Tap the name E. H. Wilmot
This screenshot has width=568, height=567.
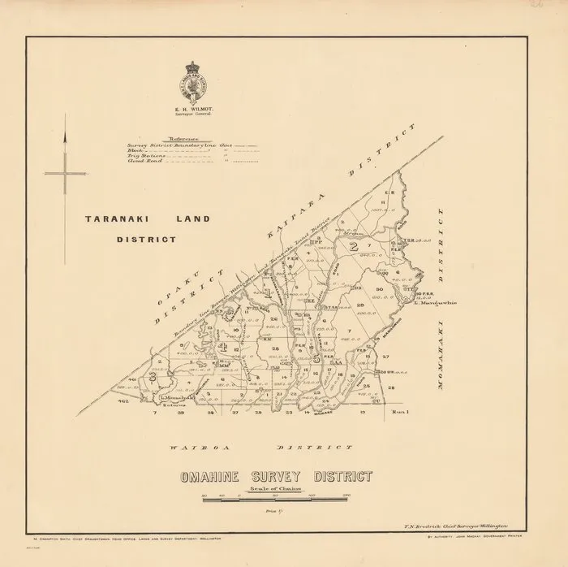tap(193, 105)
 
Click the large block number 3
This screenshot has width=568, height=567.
tap(153, 375)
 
